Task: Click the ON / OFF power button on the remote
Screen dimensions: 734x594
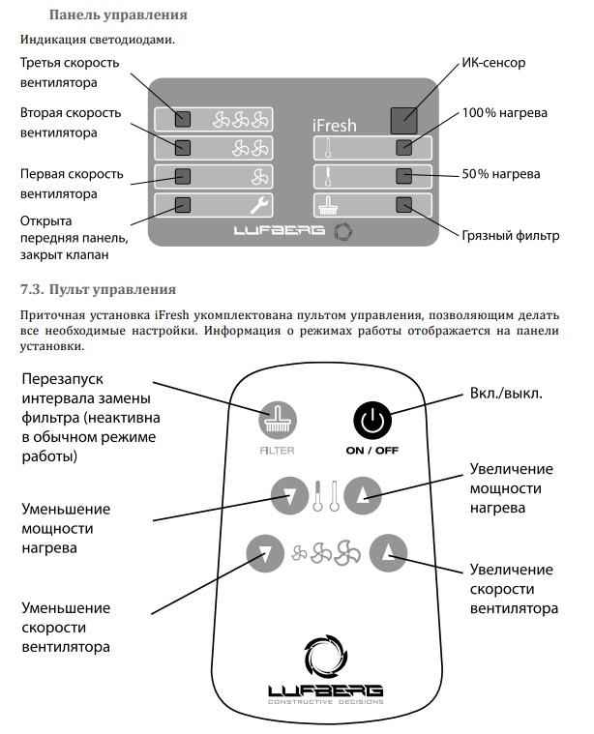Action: (371, 422)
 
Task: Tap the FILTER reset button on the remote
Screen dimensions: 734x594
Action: (277, 422)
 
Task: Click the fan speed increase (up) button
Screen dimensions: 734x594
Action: (389, 553)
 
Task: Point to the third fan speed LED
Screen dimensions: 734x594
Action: (183, 120)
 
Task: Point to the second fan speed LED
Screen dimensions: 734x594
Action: (183, 148)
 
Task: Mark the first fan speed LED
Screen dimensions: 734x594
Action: (183, 176)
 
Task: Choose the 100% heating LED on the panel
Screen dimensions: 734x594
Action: (404, 149)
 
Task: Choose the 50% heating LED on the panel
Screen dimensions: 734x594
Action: (404, 176)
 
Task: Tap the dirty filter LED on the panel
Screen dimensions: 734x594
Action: (404, 204)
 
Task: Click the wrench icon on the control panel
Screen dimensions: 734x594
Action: (258, 204)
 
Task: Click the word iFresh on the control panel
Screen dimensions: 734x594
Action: (336, 126)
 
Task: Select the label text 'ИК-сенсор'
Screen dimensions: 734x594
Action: (491, 63)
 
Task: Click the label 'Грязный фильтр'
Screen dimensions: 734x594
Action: (513, 235)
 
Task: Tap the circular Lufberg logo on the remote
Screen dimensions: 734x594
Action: (326, 657)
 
